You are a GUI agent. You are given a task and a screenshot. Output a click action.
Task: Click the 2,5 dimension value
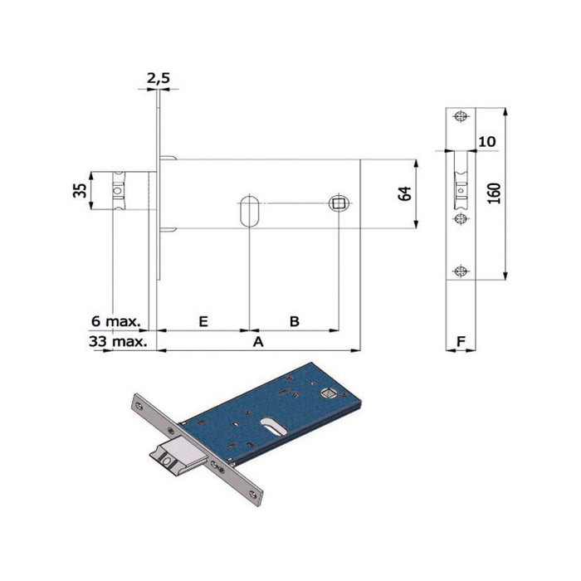[158, 78]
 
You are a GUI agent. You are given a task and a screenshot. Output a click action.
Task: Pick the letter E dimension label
[203, 320]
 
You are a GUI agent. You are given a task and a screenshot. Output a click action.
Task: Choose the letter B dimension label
[294, 320]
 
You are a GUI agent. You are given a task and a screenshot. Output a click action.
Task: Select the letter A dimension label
[257, 341]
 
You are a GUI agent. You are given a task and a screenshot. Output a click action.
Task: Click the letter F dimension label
[461, 339]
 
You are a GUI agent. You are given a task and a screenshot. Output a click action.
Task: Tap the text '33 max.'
[117, 341]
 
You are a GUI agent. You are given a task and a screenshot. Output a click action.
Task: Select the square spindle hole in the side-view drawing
[338, 203]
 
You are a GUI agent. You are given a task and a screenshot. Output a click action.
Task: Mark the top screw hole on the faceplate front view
[461, 117]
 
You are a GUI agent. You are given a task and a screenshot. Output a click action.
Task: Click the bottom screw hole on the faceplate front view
[461, 270]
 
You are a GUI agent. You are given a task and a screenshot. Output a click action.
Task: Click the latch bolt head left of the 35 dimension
[121, 190]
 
